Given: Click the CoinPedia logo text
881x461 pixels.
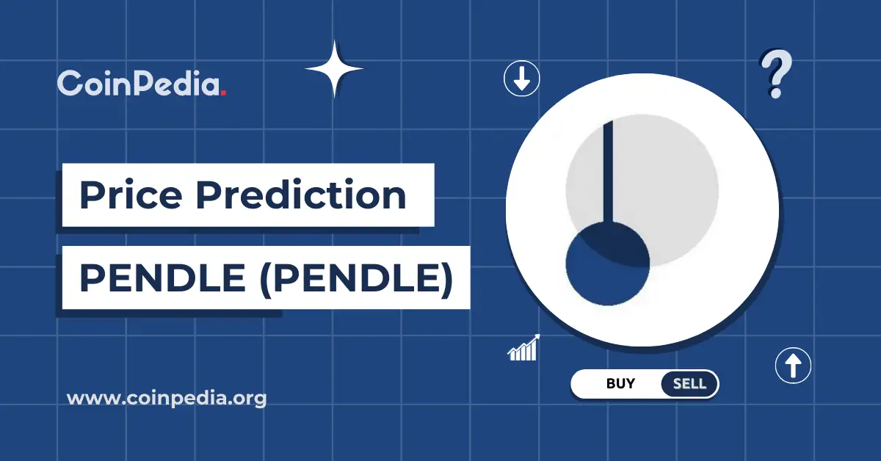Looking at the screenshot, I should (139, 84).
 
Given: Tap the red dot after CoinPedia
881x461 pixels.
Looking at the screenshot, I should (223, 93).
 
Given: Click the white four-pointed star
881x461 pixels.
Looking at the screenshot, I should (334, 69).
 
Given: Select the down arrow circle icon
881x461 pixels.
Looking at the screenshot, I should (522, 79).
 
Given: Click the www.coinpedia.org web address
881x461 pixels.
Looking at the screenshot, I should (167, 399).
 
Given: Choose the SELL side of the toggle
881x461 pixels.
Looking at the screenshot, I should (689, 383).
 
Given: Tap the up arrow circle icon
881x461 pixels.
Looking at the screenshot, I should (793, 365).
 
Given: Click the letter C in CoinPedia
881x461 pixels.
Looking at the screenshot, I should (70, 84).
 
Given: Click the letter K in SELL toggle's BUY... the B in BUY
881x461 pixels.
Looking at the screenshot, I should (611, 383).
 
